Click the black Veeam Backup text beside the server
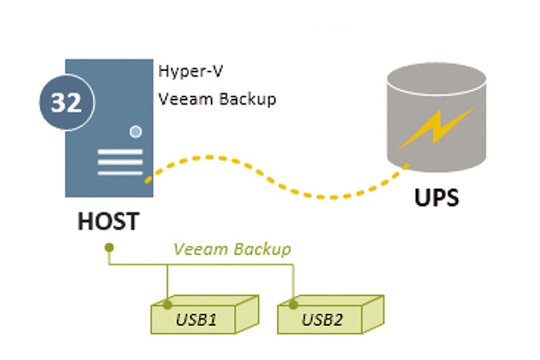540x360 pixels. pos(217,98)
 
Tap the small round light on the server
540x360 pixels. pos(136,131)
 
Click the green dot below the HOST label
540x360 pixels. pos(108,247)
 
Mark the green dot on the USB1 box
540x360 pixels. pos(168,305)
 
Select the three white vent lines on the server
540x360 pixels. pos(120,164)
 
